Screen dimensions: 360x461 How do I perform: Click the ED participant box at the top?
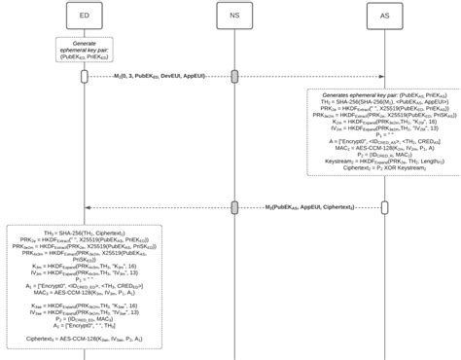pos(86,16)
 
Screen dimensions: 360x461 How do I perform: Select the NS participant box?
pos(234,16)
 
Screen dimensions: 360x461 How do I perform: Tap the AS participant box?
pos(384,16)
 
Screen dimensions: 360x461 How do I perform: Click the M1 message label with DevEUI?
pos(160,75)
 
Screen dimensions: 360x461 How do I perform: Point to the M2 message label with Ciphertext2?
pos(309,207)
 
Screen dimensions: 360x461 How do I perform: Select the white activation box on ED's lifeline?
pos(86,75)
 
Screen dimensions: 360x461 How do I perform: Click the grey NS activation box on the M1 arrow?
pos(234,75)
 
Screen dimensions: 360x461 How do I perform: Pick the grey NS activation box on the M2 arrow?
pos(234,207)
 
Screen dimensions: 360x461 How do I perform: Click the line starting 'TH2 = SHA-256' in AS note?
pos(382,101)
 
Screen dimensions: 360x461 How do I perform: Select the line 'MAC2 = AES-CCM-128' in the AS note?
pos(382,149)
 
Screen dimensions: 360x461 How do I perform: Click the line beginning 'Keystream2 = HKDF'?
pos(382,162)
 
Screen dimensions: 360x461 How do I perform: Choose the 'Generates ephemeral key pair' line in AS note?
pos(382,94)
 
